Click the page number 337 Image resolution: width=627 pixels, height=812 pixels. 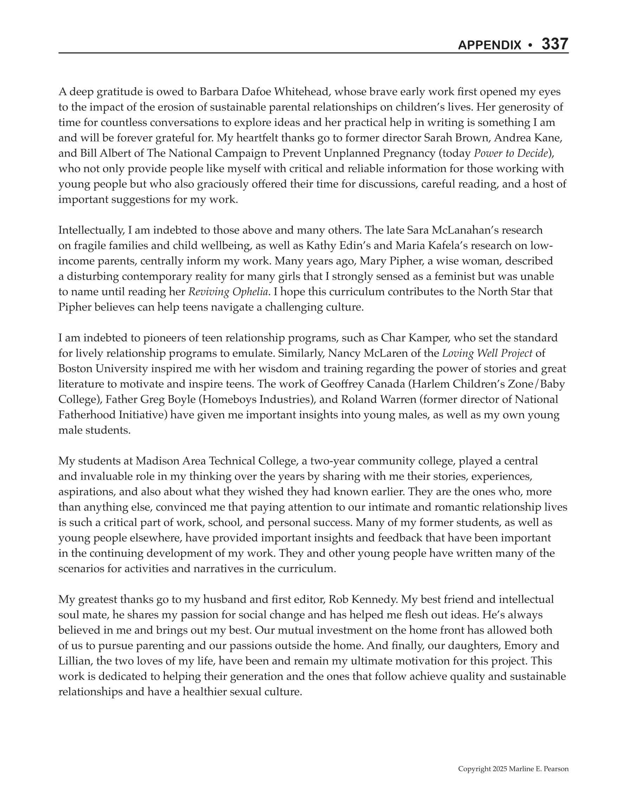pyautogui.click(x=555, y=44)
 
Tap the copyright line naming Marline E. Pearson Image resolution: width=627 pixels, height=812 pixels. pyautogui.click(x=513, y=769)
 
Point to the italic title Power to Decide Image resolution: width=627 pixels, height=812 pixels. pyautogui.click(x=511, y=153)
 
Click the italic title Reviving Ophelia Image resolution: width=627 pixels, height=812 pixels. pyautogui.click(x=228, y=292)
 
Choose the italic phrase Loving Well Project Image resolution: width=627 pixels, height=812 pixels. pyautogui.click(x=487, y=353)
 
